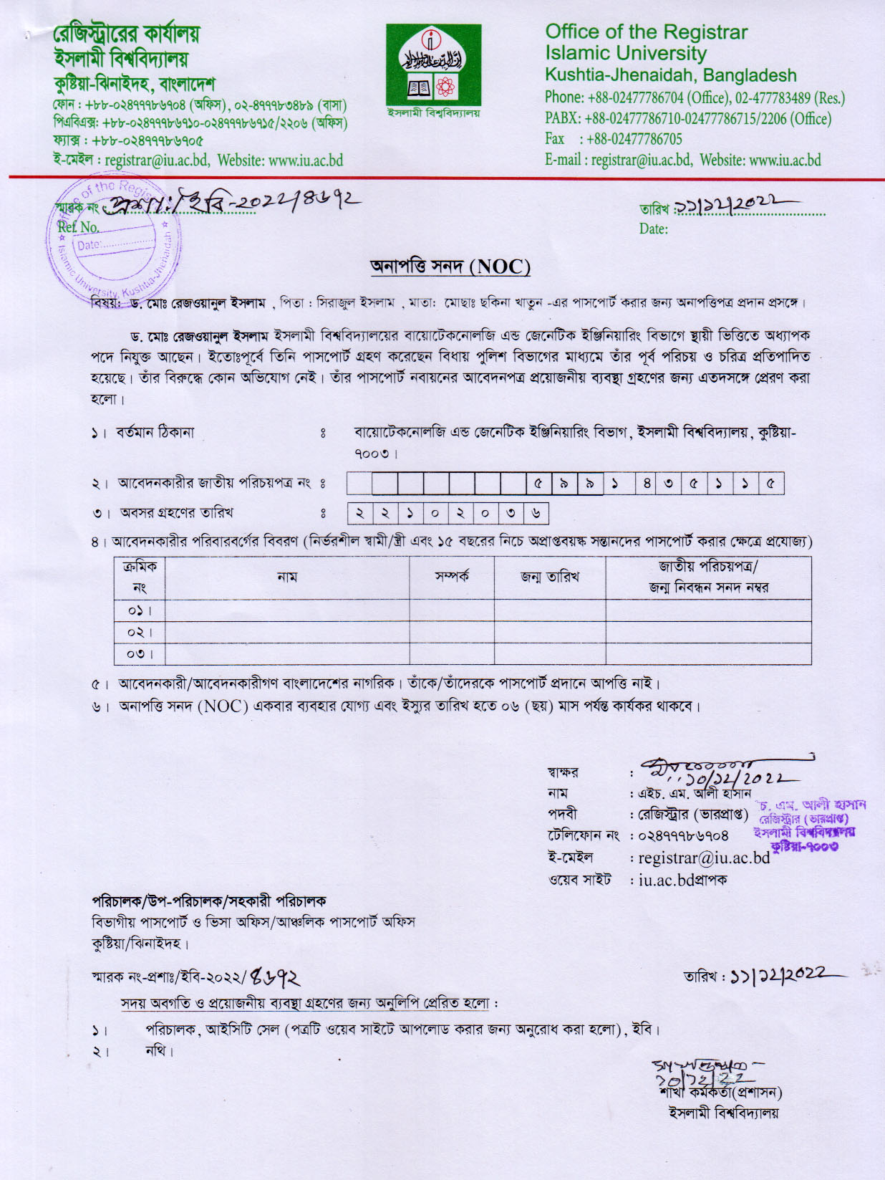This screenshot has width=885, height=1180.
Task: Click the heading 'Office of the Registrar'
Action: pyautogui.click(x=646, y=32)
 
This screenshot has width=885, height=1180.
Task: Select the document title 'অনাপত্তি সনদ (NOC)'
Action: pyautogui.click(x=450, y=267)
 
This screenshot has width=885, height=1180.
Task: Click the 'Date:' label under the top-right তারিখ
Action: pyautogui.click(x=653, y=229)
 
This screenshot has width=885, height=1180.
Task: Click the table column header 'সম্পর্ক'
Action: pyautogui.click(x=451, y=577)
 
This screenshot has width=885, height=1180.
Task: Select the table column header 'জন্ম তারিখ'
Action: pyautogui.click(x=549, y=577)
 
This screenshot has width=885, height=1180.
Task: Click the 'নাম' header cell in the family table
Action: pyautogui.click(x=287, y=577)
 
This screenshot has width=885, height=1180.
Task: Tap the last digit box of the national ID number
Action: pyautogui.click(x=770, y=484)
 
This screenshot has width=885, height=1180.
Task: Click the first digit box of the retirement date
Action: pyautogui.click(x=360, y=513)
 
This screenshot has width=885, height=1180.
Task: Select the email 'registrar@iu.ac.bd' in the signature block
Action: pyautogui.click(x=704, y=858)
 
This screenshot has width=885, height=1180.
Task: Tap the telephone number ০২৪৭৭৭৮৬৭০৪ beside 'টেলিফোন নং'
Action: pyautogui.click(x=683, y=835)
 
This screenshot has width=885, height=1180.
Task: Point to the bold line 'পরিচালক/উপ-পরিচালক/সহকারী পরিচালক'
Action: pyautogui.click(x=209, y=901)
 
